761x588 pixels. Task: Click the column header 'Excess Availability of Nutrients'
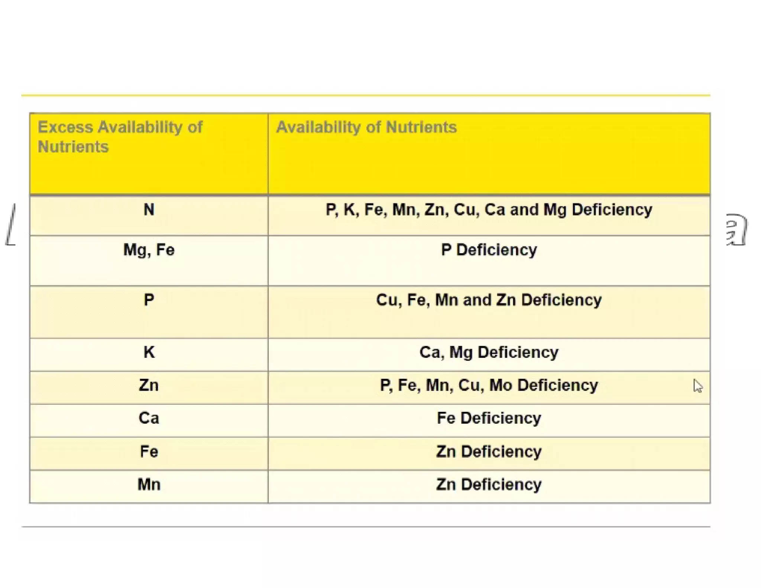point(120,137)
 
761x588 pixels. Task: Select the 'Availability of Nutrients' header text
point(366,127)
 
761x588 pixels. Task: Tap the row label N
point(149,210)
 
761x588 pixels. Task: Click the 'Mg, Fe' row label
point(149,250)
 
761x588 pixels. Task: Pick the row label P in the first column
point(149,300)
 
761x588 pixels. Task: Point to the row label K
point(149,352)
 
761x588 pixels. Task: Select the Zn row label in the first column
point(149,385)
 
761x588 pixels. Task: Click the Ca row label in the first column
point(149,418)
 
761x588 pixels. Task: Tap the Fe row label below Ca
point(149,452)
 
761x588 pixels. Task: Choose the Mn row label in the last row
point(149,484)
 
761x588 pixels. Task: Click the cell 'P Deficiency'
point(489,250)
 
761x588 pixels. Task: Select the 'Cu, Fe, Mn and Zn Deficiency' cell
point(489,300)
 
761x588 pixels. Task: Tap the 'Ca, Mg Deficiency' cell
point(489,352)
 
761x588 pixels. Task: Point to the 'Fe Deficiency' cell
point(489,418)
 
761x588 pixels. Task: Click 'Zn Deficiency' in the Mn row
point(489,484)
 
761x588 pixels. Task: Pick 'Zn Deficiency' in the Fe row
point(489,452)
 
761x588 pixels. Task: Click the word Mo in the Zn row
point(501,385)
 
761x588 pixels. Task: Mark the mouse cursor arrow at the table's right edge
point(697,386)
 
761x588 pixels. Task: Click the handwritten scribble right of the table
point(736,229)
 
